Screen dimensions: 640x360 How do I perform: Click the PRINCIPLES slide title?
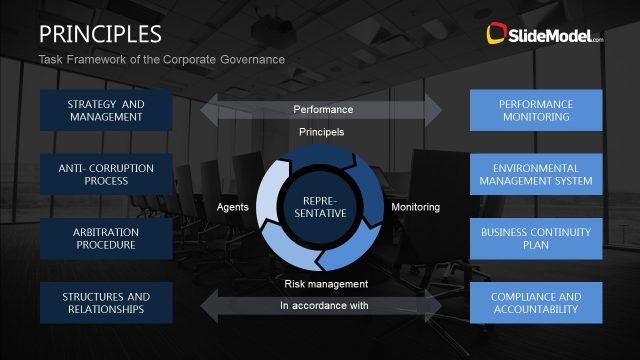coord(100,34)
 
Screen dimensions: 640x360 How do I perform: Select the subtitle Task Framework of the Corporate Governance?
coord(162,60)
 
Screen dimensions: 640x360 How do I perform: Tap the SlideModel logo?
coord(544,36)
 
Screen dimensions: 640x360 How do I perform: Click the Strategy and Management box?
coord(105,110)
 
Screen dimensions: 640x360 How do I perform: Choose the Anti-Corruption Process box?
coord(105,174)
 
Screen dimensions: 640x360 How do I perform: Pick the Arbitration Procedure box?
coord(105,238)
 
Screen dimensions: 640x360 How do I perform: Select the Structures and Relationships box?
coord(105,302)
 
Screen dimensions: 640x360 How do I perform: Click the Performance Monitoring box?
coord(535,110)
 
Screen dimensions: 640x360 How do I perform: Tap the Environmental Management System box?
coord(535,174)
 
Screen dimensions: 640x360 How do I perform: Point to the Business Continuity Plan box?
coord(535,238)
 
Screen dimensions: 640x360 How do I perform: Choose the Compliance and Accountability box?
coord(535,302)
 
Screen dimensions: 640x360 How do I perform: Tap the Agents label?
coord(232,207)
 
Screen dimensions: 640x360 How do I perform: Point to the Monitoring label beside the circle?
coord(415,207)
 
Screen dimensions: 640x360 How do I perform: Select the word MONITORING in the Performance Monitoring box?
coord(535,117)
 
